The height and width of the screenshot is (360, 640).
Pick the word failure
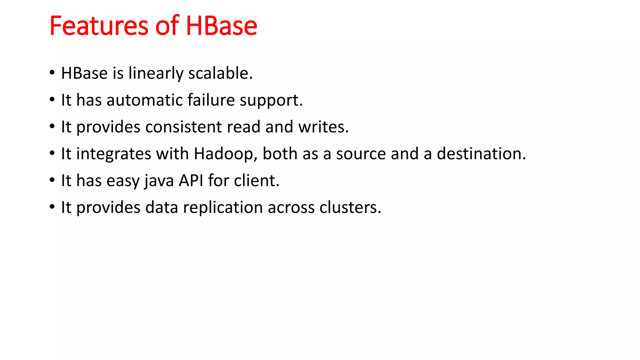pyautogui.click(x=211, y=100)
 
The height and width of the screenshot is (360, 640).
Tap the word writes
pyautogui.click(x=323, y=127)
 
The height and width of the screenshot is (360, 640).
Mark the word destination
pyautogui.click(x=481, y=154)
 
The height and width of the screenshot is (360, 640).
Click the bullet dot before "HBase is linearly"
pyautogui.click(x=52, y=73)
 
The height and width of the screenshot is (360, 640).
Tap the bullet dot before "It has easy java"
pyautogui.click(x=52, y=180)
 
